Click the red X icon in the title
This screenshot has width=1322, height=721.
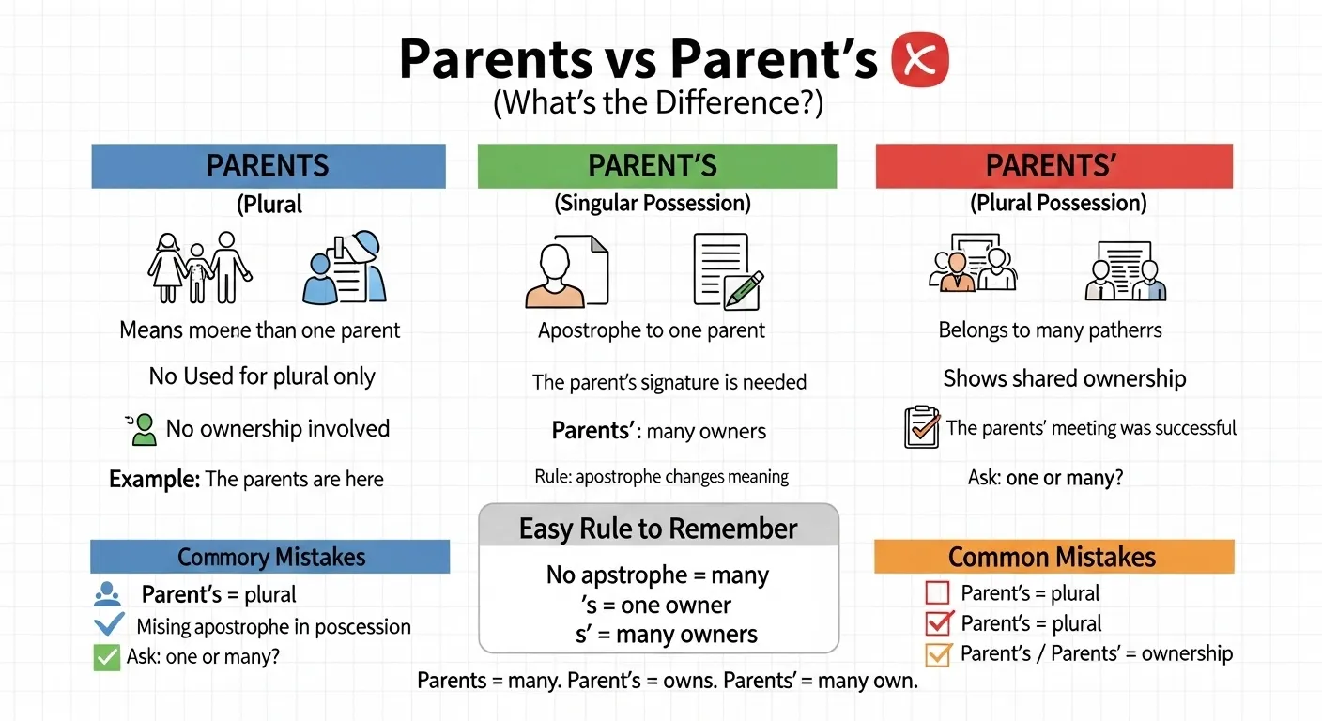pyautogui.click(x=920, y=60)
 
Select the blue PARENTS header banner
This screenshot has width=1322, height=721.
pyautogui.click(x=268, y=166)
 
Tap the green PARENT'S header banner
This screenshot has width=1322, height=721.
pyautogui.click(x=656, y=166)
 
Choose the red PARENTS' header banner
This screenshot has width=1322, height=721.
pyautogui.click(x=1053, y=166)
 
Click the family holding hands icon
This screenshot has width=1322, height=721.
pyautogui.click(x=199, y=267)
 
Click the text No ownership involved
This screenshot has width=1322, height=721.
pyautogui.click(x=277, y=429)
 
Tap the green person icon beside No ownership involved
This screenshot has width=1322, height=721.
pyautogui.click(x=142, y=429)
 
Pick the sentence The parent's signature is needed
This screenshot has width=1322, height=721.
pyautogui.click(x=669, y=382)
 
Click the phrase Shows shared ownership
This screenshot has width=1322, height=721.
pyautogui.click(x=1064, y=378)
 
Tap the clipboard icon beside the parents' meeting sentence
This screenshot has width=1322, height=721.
pyautogui.click(x=920, y=428)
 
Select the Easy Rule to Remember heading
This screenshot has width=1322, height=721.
pyautogui.click(x=658, y=528)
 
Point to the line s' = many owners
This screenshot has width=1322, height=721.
pyautogui.click(x=666, y=634)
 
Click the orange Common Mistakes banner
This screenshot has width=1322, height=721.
pyautogui.click(x=1053, y=557)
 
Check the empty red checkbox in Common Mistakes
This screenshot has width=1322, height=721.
pyautogui.click(x=938, y=593)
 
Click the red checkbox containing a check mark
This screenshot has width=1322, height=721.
pyautogui.click(x=939, y=623)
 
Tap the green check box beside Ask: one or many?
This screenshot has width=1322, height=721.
pyautogui.click(x=107, y=657)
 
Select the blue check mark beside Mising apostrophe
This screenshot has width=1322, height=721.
pyautogui.click(x=109, y=624)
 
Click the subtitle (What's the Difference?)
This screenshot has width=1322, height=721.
pyautogui.click(x=657, y=102)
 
